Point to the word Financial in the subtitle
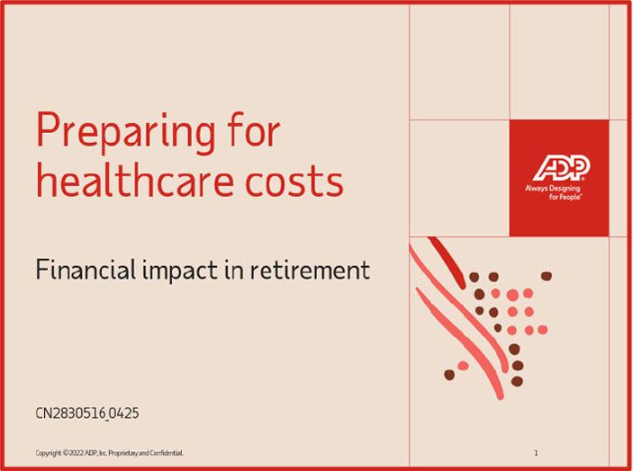click(86, 269)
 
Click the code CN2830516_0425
click(87, 414)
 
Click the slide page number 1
click(536, 453)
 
